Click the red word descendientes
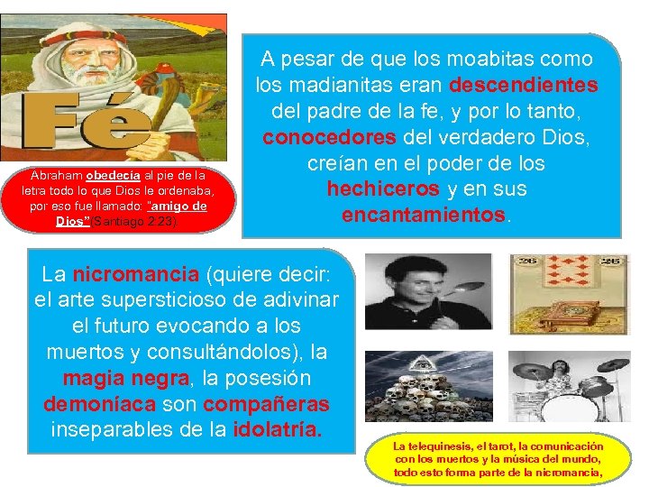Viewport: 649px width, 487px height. (524, 86)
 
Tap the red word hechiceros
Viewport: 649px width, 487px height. (377, 189)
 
